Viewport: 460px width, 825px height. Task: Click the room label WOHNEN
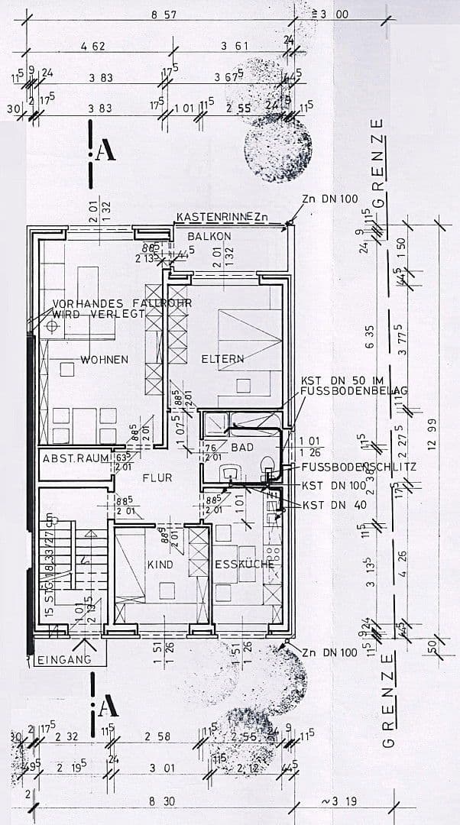(x=105, y=359)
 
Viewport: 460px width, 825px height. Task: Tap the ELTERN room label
(x=222, y=359)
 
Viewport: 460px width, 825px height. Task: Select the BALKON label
(x=204, y=236)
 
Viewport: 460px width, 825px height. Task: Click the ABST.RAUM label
(x=75, y=459)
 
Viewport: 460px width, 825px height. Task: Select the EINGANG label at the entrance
(x=64, y=659)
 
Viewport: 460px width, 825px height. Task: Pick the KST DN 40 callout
(x=335, y=504)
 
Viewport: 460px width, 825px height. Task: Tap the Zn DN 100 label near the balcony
(x=329, y=199)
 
